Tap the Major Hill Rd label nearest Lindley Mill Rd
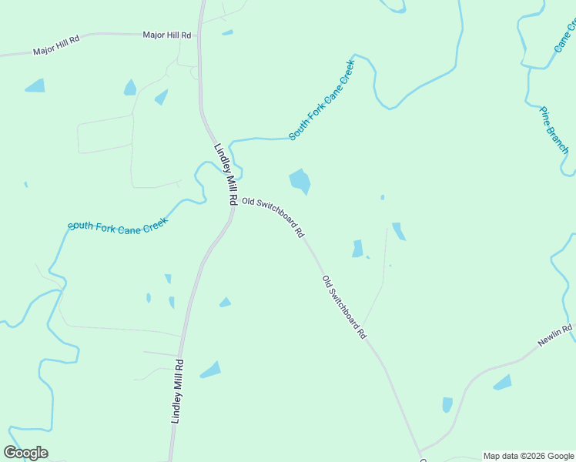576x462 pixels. (x=166, y=35)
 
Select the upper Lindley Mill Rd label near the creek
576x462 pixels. (x=225, y=173)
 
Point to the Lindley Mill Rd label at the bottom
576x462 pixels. (x=177, y=391)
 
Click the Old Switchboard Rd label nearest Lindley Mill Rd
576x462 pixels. (x=273, y=216)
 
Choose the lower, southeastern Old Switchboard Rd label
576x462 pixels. (x=343, y=307)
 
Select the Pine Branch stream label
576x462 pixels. (x=554, y=130)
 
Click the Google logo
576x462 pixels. (x=25, y=453)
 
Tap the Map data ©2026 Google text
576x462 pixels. (x=527, y=456)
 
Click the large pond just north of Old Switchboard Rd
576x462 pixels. (x=300, y=182)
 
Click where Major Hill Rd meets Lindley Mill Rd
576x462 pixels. (x=199, y=34)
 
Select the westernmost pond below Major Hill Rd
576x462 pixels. (x=35, y=85)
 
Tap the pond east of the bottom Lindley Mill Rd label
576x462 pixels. (x=211, y=370)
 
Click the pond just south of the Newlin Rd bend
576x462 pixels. (x=502, y=382)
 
